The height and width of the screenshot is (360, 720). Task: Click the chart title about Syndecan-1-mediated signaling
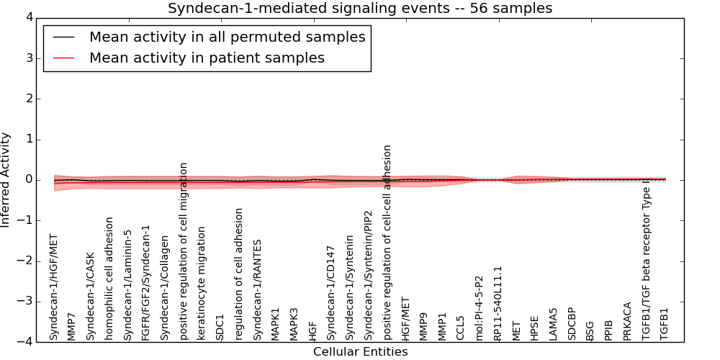tap(360, 9)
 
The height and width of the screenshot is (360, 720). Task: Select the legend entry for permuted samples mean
tap(227, 37)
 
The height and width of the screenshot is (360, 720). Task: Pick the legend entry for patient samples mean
tap(207, 58)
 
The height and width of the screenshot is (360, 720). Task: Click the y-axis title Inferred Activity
tap(6, 179)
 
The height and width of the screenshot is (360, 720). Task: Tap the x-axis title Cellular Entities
tap(360, 352)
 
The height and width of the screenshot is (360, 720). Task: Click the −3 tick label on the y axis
tap(30, 302)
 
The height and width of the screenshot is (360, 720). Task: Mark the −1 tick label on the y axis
tap(30, 220)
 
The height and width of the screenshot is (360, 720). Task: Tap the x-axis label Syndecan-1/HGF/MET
tap(53, 287)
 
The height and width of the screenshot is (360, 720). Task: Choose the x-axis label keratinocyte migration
tap(202, 283)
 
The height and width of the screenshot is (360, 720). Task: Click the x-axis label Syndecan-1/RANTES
tap(257, 290)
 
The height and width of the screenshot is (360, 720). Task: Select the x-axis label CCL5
tap(460, 328)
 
